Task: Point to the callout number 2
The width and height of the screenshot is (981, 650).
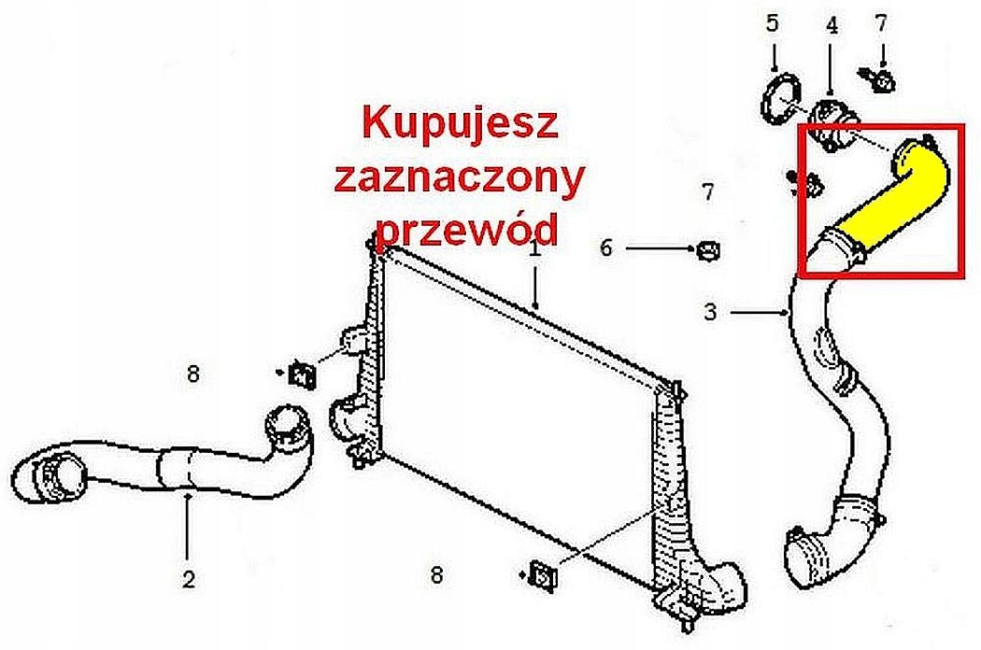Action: (189, 579)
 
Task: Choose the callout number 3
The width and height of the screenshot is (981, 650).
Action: (710, 313)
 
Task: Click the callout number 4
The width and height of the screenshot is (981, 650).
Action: (832, 25)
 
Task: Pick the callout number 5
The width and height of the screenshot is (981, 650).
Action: (772, 23)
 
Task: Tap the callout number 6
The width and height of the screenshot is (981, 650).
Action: (605, 248)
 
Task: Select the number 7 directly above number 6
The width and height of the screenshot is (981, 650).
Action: (708, 193)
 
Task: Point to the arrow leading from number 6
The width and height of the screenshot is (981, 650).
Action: (659, 249)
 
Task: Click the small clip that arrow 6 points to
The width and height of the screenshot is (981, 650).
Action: (708, 250)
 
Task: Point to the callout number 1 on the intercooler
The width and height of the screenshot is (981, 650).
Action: (534, 250)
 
